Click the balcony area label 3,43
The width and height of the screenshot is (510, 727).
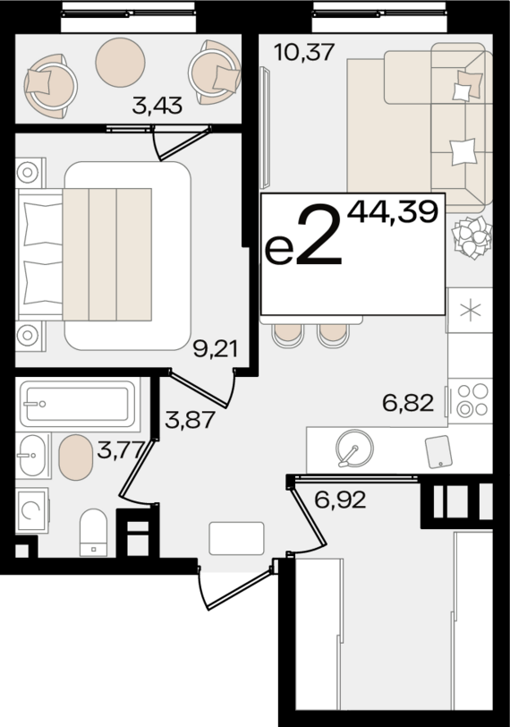click(157, 107)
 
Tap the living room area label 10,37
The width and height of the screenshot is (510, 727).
click(304, 52)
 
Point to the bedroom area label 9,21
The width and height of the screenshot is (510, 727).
click(216, 348)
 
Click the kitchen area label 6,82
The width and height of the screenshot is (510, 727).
click(407, 403)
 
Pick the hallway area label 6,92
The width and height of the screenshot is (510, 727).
click(340, 500)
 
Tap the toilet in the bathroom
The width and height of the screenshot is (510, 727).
click(93, 531)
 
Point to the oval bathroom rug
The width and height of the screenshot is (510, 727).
click(75, 458)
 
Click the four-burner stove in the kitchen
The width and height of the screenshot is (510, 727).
click(472, 398)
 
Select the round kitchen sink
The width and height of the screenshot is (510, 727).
click(352, 448)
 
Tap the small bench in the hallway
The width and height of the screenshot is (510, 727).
click(236, 538)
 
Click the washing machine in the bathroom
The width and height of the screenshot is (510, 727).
click(32, 510)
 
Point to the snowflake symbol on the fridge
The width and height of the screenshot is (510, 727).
click(470, 311)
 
